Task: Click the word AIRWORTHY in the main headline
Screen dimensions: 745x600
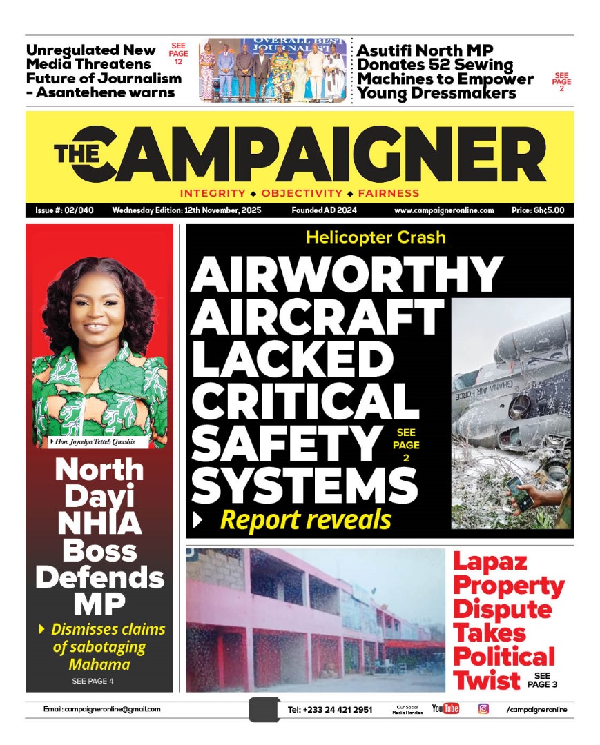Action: coord(346,275)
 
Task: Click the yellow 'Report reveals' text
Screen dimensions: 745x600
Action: coord(305,520)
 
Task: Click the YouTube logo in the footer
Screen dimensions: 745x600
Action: coord(445,708)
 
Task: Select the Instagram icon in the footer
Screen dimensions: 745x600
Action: coord(483,708)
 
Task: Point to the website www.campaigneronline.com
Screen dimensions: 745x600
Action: coord(444,210)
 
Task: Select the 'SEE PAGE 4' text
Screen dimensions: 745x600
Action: coord(93,682)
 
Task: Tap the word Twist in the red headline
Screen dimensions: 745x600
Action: coord(486,679)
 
